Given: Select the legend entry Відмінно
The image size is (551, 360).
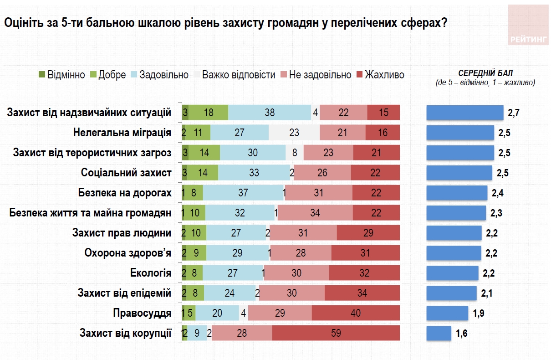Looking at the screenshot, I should point(62,75).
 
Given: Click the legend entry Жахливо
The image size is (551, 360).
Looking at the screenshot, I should point(380,75).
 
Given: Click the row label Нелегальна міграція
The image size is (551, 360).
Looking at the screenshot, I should point(122,133).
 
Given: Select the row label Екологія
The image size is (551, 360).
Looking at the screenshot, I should point(151,273).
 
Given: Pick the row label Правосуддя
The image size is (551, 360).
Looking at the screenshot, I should point(142,313).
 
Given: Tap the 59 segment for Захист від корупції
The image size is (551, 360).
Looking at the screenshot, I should point(336,333).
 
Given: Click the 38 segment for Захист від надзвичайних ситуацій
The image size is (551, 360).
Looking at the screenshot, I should point(270,113).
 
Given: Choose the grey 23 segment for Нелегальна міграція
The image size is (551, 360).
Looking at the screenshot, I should point(294,133).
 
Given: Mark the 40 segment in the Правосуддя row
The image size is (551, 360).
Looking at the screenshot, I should point(356,313).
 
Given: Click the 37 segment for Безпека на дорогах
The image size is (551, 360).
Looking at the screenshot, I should point(243,193).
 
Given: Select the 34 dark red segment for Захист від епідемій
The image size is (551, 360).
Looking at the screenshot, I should point(362,293).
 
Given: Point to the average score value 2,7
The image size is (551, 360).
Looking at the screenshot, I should point(514,113).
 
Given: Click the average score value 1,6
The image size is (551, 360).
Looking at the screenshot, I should point(461,334).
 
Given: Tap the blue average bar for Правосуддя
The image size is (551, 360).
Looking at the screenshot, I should point(447,313).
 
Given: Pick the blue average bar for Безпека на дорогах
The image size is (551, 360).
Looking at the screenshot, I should point(457,193).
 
